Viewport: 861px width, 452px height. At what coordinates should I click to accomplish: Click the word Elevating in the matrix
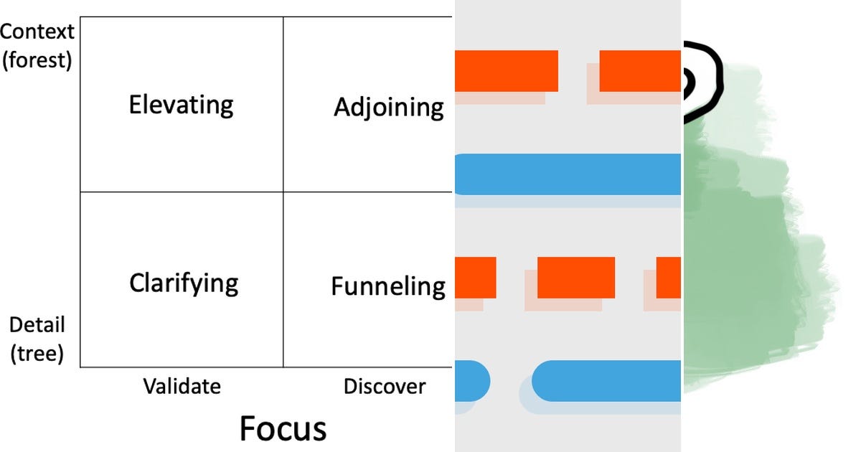[x=181, y=105]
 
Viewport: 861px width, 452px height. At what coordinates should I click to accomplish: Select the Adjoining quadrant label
[x=388, y=108]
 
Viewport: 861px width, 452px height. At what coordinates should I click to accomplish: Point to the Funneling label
[x=387, y=286]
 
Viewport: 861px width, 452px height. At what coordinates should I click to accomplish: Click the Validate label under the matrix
[x=182, y=387]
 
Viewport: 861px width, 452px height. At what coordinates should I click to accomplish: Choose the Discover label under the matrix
[x=385, y=387]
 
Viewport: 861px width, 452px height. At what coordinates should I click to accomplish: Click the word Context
[x=37, y=32]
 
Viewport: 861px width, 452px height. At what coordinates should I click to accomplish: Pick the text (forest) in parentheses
[x=37, y=60]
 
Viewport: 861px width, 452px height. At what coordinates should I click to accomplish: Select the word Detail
[x=37, y=325]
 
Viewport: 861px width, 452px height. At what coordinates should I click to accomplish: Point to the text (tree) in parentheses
[x=37, y=353]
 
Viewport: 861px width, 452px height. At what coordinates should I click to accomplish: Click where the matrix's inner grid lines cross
[x=283, y=192]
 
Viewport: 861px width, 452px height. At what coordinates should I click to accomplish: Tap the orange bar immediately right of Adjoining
[x=506, y=71]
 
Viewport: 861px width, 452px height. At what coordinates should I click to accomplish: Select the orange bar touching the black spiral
[x=639, y=71]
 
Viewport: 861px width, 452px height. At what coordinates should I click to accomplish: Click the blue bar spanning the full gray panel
[x=568, y=174]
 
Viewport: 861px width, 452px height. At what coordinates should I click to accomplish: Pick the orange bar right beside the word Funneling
[x=475, y=278]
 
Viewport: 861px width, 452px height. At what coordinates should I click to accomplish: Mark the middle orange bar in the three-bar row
[x=575, y=278]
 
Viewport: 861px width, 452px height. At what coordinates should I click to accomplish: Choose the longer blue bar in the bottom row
[x=607, y=380]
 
